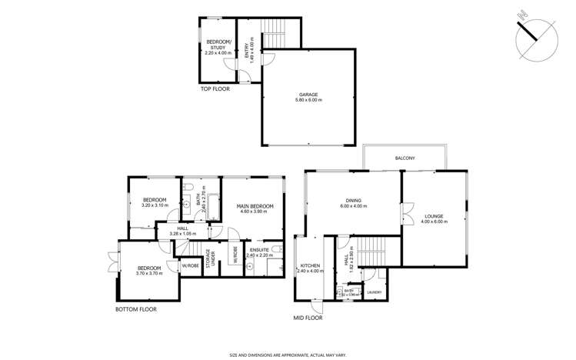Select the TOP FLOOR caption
pyautogui.click(x=216, y=89)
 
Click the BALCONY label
pyautogui.click(x=405, y=158)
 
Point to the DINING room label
pyautogui.click(x=354, y=202)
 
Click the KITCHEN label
pyautogui.click(x=309, y=266)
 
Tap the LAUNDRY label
pyautogui.click(x=375, y=292)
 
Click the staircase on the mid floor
pyautogui.click(x=371, y=251)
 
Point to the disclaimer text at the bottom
pyautogui.click(x=288, y=355)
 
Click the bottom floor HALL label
pyautogui.click(x=182, y=228)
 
